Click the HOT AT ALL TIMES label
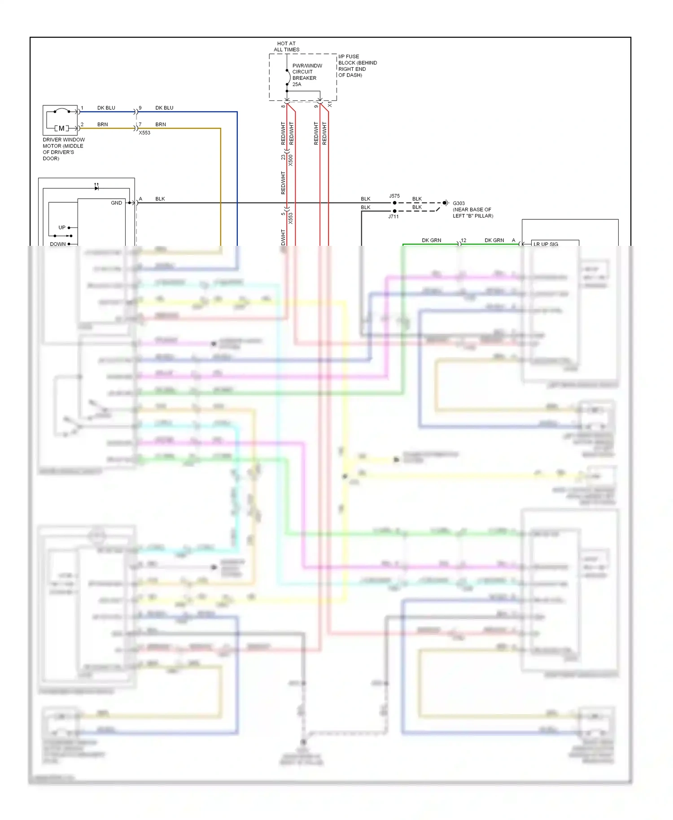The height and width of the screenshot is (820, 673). click(x=286, y=47)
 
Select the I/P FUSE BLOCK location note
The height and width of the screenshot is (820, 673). click(x=357, y=66)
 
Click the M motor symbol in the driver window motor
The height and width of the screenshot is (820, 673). click(x=61, y=128)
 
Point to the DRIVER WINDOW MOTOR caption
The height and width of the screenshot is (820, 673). click(x=63, y=149)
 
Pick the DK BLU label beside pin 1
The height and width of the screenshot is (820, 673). click(x=106, y=108)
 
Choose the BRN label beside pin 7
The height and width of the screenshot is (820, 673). click(x=161, y=125)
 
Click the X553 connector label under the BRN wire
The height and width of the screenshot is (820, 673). click(x=144, y=133)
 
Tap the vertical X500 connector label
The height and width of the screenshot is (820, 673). click(x=291, y=160)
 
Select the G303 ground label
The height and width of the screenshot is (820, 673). click(x=459, y=203)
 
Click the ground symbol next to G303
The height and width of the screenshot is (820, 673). click(x=446, y=203)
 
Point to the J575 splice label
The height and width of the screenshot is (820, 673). click(x=394, y=196)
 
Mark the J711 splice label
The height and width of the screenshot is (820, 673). click(x=393, y=217)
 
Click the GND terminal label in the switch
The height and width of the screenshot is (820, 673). click(x=116, y=203)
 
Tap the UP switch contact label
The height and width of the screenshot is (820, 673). click(x=62, y=227)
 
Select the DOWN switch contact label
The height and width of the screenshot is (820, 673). click(x=58, y=244)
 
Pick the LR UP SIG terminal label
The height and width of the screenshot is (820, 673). click(x=546, y=244)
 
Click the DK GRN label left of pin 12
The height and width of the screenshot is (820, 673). click(x=431, y=240)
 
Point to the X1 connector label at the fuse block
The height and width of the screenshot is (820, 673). click(x=330, y=104)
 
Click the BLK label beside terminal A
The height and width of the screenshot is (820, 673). click(x=160, y=199)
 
